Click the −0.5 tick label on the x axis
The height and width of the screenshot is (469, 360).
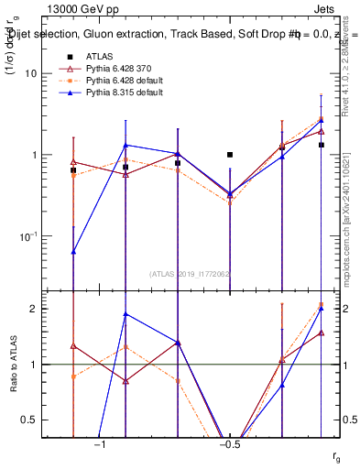tap(229, 444)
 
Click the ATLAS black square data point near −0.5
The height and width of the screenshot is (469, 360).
tap(230, 155)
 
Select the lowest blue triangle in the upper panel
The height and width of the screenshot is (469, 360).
tap(73, 251)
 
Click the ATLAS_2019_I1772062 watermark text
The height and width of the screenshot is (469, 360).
tap(191, 273)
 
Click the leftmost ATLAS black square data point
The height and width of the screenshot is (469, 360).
tap(73, 170)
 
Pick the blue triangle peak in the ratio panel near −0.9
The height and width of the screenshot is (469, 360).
tap(125, 314)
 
